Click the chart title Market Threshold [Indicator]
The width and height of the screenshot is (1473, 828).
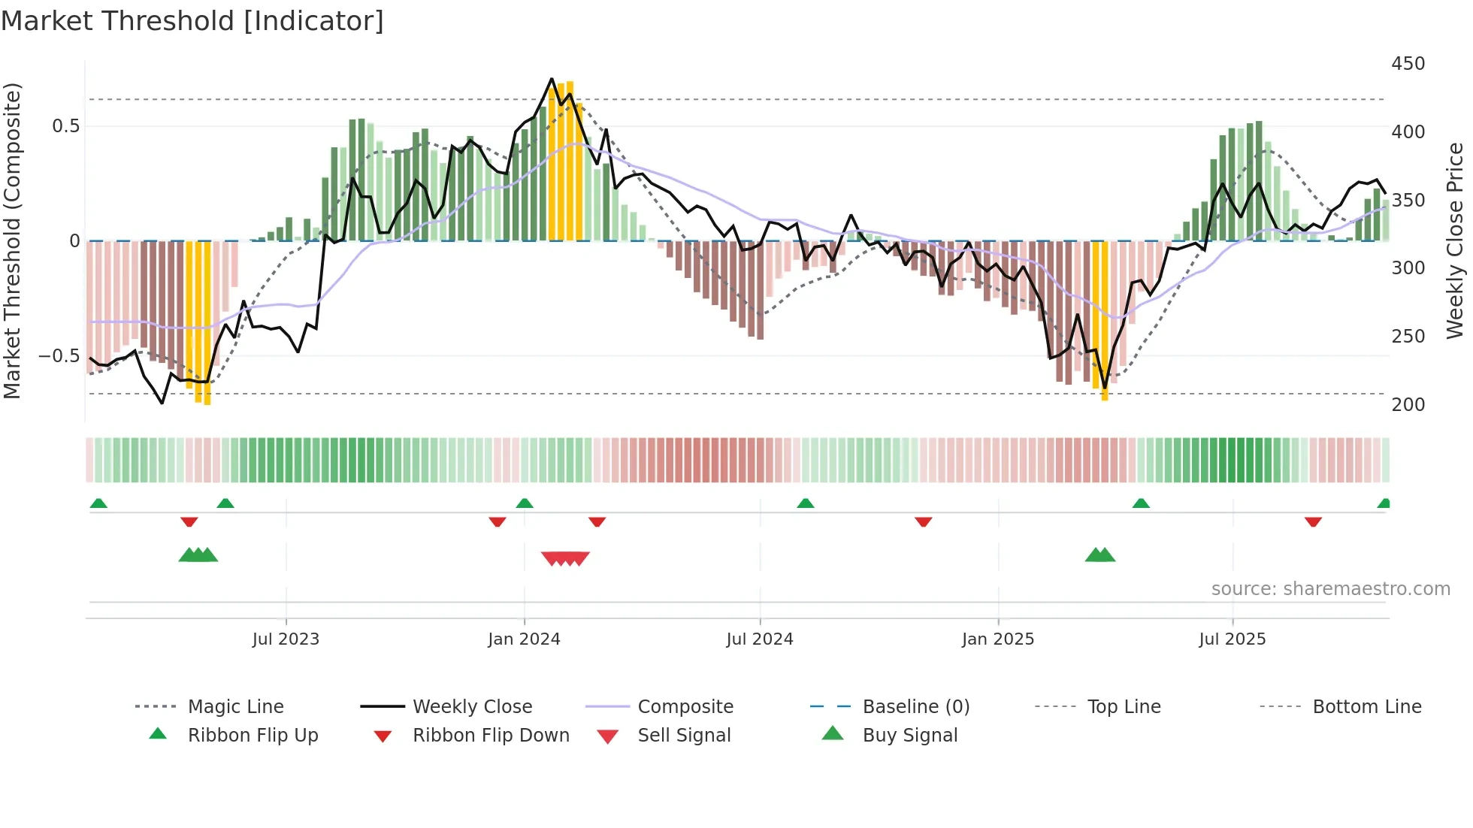[x=192, y=21]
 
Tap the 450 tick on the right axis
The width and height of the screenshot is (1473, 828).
[x=1408, y=64]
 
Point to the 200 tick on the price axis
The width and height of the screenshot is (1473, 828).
[x=1408, y=405]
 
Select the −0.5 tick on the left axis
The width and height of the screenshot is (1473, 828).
[x=59, y=356]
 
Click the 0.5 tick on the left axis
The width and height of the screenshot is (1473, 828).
[x=65, y=126]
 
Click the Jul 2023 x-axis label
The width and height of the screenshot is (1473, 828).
[x=286, y=639]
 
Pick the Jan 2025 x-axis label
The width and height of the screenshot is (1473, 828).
[x=997, y=639]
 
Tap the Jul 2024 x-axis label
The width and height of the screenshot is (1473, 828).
[x=759, y=639]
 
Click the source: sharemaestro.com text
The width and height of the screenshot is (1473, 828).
[x=1330, y=589]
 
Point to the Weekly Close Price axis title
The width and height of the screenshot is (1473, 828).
[x=1455, y=240]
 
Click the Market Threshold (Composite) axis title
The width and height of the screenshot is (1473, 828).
[x=12, y=240]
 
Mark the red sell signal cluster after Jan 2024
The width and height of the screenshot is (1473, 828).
[x=565, y=558]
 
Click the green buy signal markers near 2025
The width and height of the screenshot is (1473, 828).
[x=1100, y=555]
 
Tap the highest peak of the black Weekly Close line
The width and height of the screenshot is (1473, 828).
[x=552, y=79]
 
